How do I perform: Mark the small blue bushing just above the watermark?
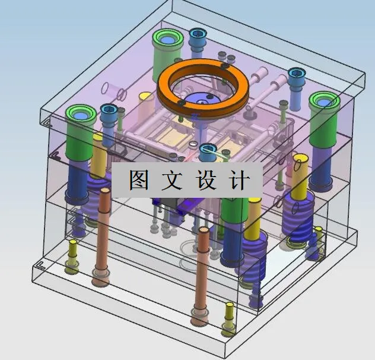(207, 152)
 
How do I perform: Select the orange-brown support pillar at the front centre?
(202, 273)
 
